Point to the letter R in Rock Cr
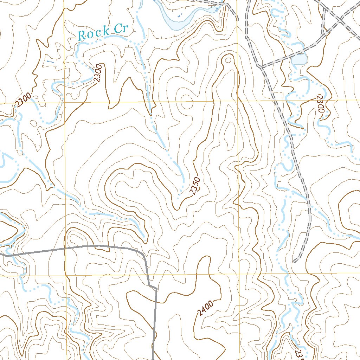82,35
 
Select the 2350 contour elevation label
194,186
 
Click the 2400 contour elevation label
205,308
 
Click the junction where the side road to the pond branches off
261,66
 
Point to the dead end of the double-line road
295,261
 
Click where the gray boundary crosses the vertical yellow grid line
65,249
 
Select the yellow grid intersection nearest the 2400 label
239,274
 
